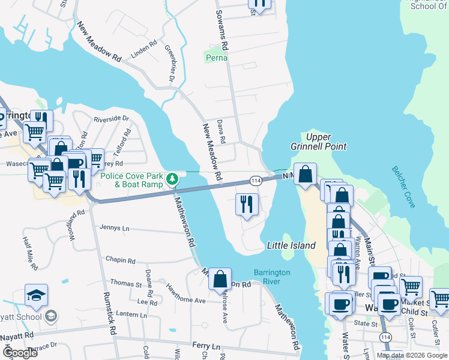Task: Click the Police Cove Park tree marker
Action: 172,178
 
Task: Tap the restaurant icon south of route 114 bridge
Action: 247,204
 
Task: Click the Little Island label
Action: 291,245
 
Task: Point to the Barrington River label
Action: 272,277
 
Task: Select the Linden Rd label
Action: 144,48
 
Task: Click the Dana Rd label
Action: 221,131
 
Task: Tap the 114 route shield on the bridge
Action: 256,181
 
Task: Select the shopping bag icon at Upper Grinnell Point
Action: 306,175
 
